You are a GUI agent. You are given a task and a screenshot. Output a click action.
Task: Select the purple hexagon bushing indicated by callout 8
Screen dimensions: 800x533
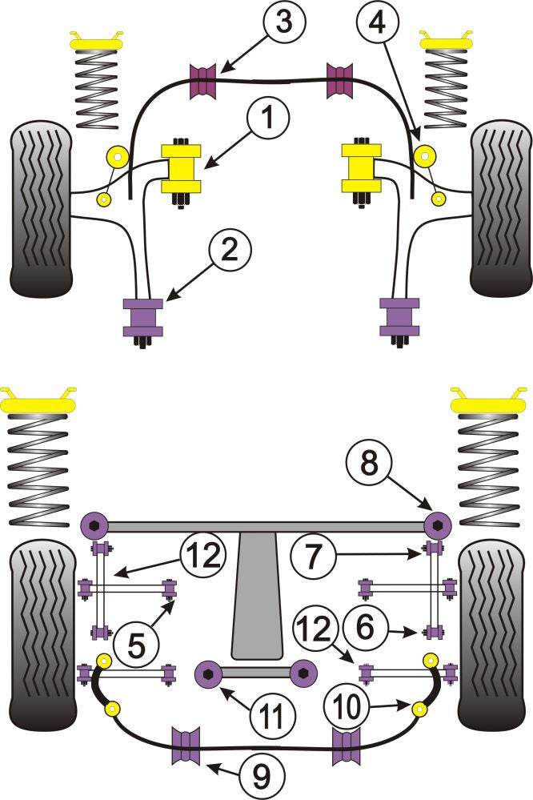(437, 525)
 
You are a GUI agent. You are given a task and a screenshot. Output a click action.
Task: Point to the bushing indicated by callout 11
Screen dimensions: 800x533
(209, 674)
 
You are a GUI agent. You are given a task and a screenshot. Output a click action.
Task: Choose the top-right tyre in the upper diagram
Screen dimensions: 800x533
(500, 208)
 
